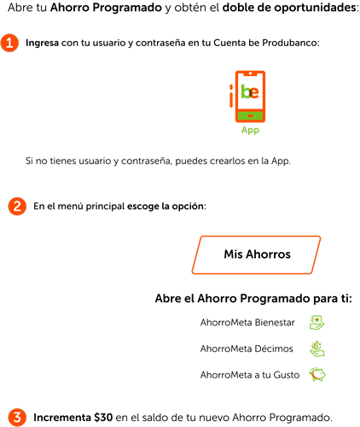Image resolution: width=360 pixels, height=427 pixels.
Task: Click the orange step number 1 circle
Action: click(x=9, y=43)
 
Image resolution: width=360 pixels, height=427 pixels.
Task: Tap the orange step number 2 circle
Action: click(x=17, y=206)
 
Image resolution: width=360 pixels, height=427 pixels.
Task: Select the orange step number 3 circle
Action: click(x=17, y=418)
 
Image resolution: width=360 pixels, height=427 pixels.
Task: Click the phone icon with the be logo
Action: click(x=247, y=97)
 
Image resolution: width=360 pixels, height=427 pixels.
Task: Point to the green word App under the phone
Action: click(x=250, y=130)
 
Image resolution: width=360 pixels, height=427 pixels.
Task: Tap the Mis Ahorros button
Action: click(x=256, y=254)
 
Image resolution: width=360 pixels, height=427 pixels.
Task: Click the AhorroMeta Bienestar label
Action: click(x=247, y=323)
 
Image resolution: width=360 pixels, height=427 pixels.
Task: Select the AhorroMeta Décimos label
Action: click(x=247, y=348)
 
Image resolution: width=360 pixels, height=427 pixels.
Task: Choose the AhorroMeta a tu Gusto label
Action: click(x=250, y=375)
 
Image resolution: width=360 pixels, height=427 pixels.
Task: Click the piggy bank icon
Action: click(x=317, y=374)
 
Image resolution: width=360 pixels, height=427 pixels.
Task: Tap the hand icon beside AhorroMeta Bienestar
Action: click(x=316, y=322)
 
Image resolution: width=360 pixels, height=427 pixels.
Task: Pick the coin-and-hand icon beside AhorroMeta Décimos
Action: click(x=317, y=348)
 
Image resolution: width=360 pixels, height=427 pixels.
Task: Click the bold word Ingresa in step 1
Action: click(x=42, y=43)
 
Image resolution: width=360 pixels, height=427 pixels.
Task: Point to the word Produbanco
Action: click(x=291, y=43)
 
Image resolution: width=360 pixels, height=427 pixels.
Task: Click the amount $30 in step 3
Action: click(x=103, y=418)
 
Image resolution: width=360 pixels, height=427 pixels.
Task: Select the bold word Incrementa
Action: click(x=62, y=418)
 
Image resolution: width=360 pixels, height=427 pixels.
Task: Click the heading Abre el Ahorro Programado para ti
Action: click(x=253, y=299)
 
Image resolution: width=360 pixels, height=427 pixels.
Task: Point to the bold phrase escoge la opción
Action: click(x=166, y=206)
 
